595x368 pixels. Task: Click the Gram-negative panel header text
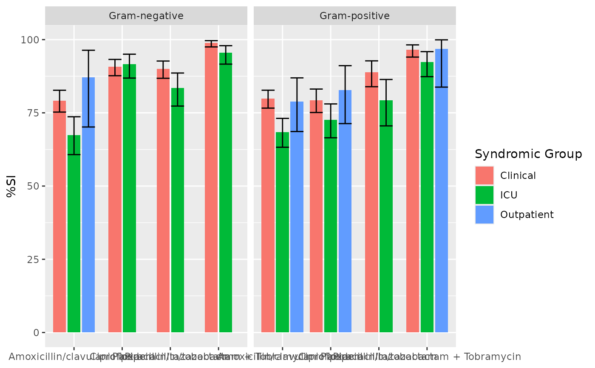[146, 16]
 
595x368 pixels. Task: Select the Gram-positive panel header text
[355, 16]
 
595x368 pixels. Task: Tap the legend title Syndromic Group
[528, 154]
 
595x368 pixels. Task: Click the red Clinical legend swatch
[484, 176]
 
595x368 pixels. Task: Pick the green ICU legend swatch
[484, 195]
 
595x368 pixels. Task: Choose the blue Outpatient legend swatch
[484, 215]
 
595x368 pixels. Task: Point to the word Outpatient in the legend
[527, 215]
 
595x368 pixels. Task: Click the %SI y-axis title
[11, 186]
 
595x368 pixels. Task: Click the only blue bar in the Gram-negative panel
[88, 204]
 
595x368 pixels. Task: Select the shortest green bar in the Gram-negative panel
[74, 234]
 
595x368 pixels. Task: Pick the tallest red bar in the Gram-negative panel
[211, 187]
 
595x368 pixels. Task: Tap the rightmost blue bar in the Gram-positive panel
[442, 191]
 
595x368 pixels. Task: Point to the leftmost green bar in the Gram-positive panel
[282, 232]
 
